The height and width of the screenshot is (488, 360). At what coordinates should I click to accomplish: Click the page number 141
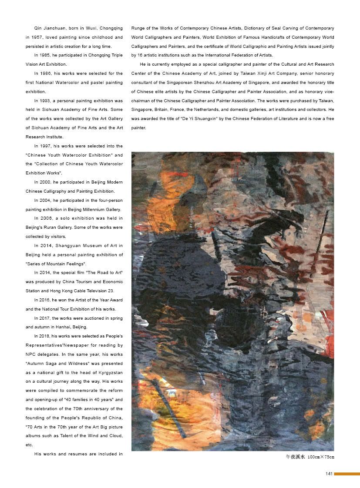pyautogui.click(x=329, y=474)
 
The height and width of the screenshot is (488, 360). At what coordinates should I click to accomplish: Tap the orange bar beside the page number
pyautogui.click(x=347, y=474)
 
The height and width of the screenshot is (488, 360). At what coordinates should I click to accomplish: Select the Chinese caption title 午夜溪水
pyautogui.click(x=293, y=457)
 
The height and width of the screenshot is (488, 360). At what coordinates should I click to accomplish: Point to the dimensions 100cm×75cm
pyautogui.click(x=321, y=457)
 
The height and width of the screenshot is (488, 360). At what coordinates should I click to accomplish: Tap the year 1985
pyautogui.click(x=47, y=56)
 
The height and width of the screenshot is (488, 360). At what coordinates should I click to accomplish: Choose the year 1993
pyautogui.click(x=47, y=101)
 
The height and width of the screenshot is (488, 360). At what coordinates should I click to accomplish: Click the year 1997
pyautogui.click(x=47, y=146)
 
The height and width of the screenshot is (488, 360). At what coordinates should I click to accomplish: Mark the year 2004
pyautogui.click(x=47, y=201)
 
